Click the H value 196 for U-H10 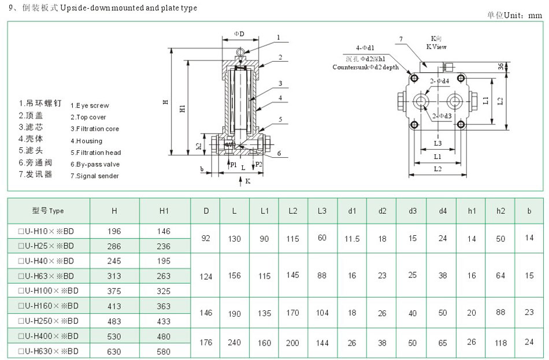pyautogui.click(x=114, y=231)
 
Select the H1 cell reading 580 pyautogui.click(x=164, y=351)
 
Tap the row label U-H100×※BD pyautogui.click(x=49, y=291)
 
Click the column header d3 pyautogui.click(x=413, y=211)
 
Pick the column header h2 pyautogui.click(x=500, y=211)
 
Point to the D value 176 pyautogui.click(x=206, y=343)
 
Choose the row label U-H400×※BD pyautogui.click(x=49, y=336)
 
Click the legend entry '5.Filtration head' pyautogui.click(x=95, y=153)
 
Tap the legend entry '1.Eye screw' pyautogui.click(x=89, y=106)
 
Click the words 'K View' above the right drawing pyautogui.click(x=436, y=46)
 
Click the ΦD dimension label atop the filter pyautogui.click(x=239, y=34)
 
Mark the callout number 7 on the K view pyautogui.click(x=400, y=39)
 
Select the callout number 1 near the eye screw pyautogui.click(x=278, y=37)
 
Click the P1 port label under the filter pyautogui.click(x=233, y=165)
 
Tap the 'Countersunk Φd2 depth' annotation pyautogui.click(x=365, y=67)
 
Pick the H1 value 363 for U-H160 pyautogui.click(x=164, y=306)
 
